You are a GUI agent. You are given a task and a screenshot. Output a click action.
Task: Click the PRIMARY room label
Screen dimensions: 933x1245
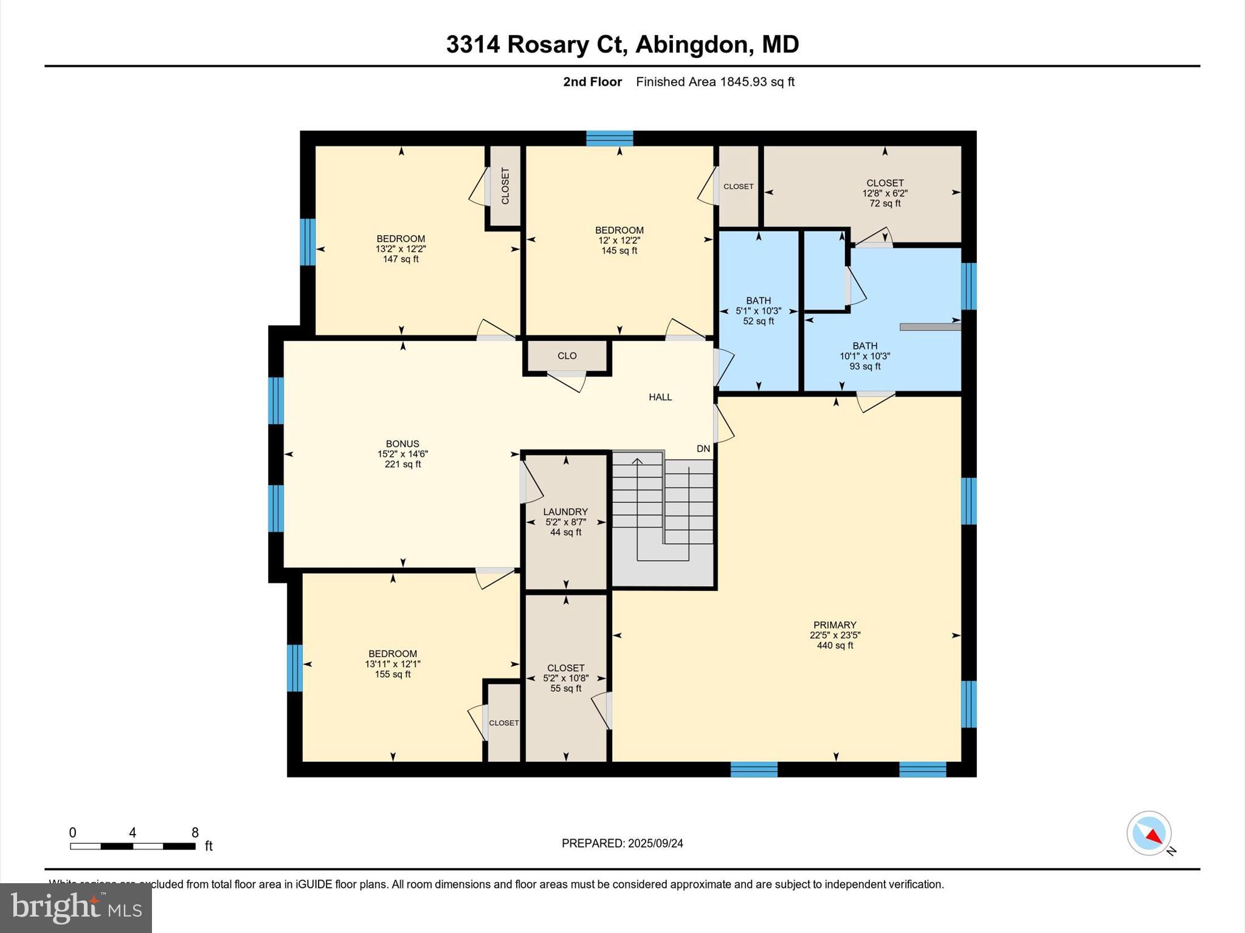835,625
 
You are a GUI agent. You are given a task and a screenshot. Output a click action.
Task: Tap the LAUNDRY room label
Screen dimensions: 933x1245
565,512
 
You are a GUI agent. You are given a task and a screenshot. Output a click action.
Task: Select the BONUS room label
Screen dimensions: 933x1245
402,444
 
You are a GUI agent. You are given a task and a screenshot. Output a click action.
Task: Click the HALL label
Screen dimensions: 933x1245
660,397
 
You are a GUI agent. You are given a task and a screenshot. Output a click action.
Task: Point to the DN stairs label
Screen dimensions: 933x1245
703,449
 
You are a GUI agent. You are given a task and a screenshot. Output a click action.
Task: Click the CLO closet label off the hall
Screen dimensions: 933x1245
567,356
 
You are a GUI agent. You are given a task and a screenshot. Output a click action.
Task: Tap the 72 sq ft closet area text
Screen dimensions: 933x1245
885,203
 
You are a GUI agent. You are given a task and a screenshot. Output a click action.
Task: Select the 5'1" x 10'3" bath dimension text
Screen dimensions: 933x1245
758,311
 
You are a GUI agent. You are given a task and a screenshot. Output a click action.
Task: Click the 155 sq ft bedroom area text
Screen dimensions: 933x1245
393,674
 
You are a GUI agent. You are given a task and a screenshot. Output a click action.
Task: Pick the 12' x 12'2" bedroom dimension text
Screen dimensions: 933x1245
619,241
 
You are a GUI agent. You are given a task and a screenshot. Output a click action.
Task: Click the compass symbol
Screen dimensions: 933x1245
1148,833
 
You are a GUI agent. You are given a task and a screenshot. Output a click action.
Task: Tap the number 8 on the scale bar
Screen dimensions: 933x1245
195,833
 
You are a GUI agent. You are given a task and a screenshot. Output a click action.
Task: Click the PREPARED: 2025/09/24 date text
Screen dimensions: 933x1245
622,843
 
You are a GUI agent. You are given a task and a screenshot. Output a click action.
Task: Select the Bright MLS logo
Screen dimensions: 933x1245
75,907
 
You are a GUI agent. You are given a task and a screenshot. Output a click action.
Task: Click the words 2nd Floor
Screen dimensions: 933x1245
592,82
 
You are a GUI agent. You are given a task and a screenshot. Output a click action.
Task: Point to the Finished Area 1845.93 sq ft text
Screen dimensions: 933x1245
715,82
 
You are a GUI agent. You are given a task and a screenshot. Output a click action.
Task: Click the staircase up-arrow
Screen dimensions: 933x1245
637,462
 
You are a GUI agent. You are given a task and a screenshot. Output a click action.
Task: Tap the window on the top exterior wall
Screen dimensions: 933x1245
609,138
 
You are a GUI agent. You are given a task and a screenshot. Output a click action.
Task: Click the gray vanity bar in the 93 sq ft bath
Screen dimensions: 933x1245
929,327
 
